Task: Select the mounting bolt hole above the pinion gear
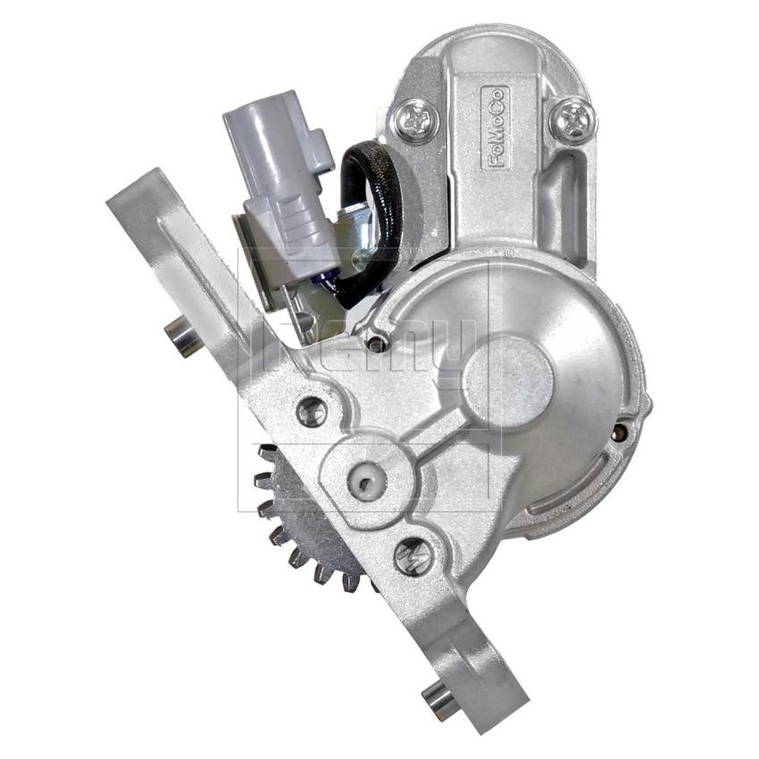[x=312, y=412]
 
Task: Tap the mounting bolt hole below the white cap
[x=413, y=556]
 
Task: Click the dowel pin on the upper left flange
[x=184, y=338]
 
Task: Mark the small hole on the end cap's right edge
[x=619, y=433]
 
